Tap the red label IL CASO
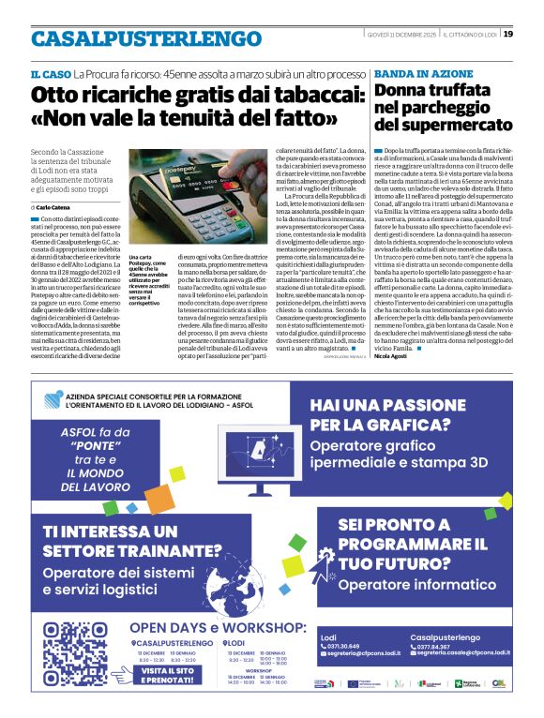click(50, 73)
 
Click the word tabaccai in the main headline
click(282, 95)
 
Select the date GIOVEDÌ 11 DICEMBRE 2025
click(405, 35)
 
